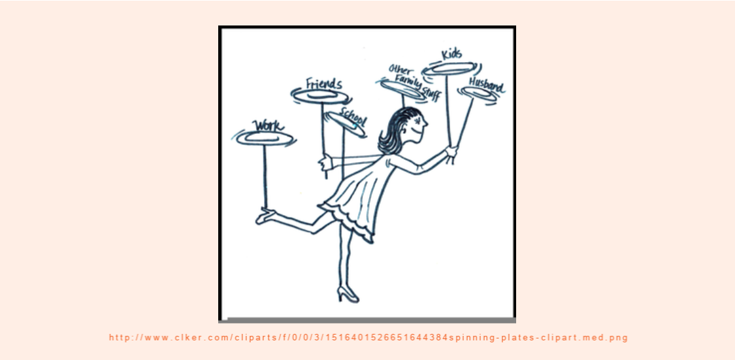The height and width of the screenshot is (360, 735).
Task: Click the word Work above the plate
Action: coord(269,125)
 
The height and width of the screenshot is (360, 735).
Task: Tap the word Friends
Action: coord(323,84)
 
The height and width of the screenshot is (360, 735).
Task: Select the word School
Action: coord(353,117)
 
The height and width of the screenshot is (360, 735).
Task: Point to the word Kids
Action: coord(451,54)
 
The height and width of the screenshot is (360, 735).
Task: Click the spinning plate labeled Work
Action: coord(265,138)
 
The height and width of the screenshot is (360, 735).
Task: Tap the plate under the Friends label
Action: coord(321,96)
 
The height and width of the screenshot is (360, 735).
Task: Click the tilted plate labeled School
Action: coord(346,124)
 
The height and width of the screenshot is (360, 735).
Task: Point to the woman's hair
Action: coord(396,129)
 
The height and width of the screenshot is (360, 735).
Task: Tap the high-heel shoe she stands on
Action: coord(348,295)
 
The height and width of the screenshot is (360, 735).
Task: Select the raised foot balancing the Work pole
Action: coord(266,216)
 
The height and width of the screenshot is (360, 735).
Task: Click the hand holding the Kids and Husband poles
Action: coord(451,153)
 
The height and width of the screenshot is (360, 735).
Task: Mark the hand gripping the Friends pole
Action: coord(325,163)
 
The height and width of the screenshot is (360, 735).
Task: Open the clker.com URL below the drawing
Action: coord(368,338)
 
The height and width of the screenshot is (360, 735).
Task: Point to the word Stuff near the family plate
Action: coord(432,93)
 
